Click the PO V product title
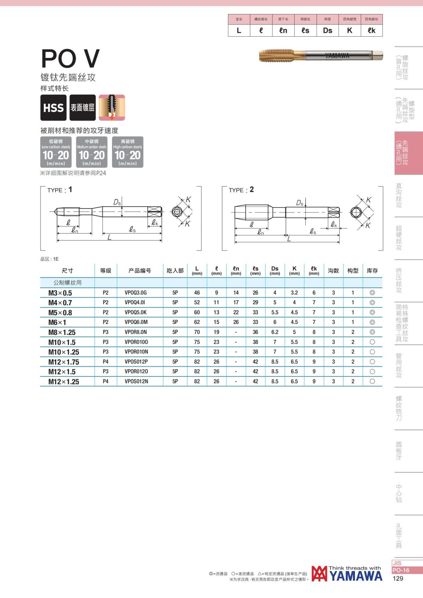[x=70, y=58]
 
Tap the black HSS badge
[x=53, y=108]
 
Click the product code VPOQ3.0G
[x=136, y=293]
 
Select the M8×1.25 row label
[x=62, y=332]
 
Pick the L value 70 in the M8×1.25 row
[x=197, y=332]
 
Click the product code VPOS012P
[x=136, y=362]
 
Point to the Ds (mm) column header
[x=275, y=270]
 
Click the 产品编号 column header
[x=140, y=270]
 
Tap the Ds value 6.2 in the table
[x=275, y=332]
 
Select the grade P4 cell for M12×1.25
[x=105, y=381]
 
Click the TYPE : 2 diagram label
[x=241, y=190]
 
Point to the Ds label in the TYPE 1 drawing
[x=117, y=202]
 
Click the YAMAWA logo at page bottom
[x=347, y=574]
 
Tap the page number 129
[x=398, y=578]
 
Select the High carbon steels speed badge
[x=128, y=152]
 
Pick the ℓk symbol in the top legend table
[x=372, y=31]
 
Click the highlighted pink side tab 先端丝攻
[x=405, y=153]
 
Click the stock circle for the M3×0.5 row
[x=372, y=293]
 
